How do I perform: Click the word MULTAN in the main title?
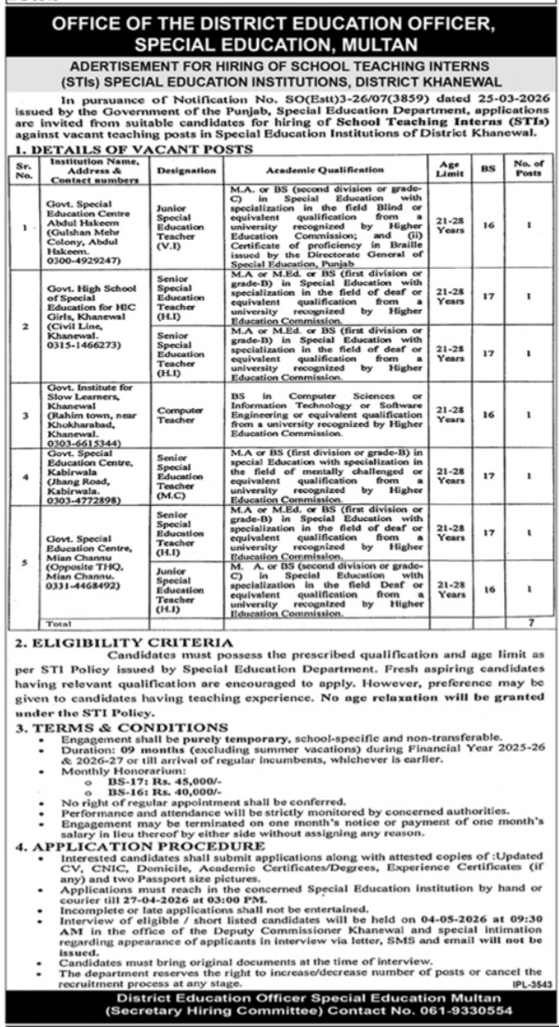pos(380,44)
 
